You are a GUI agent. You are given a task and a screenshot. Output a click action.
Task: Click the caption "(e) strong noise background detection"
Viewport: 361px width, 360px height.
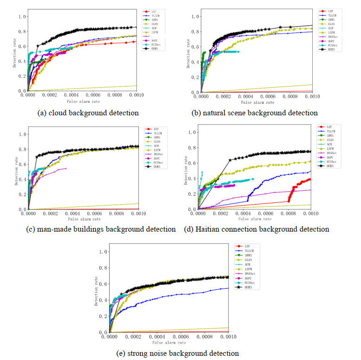point(177,353)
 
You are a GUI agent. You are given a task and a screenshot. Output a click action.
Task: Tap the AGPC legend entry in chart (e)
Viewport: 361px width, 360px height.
point(246,278)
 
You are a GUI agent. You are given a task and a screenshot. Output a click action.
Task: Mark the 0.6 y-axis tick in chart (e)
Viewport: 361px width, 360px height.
point(103,284)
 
